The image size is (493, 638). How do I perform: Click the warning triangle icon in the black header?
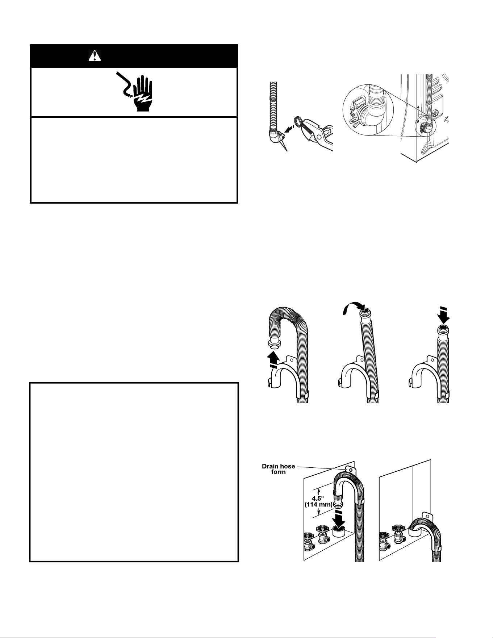pos(95,55)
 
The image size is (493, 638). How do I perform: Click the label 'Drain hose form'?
pos(279,469)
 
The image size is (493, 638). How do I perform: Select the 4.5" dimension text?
pos(318,497)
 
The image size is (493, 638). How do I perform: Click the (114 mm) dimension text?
pos(318,504)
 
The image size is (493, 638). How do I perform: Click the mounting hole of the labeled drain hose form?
pos(351,470)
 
